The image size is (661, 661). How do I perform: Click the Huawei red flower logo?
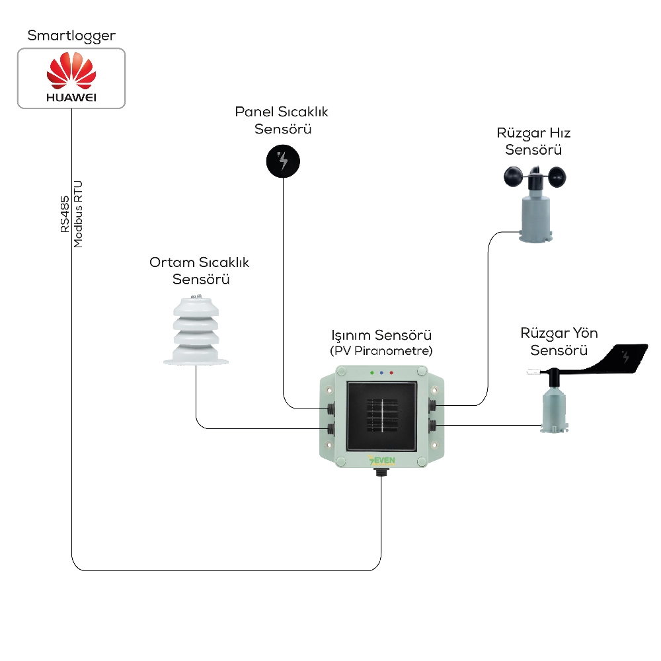pyautogui.click(x=71, y=71)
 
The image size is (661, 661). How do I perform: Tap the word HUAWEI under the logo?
pyautogui.click(x=71, y=97)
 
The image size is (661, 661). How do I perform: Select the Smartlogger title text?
pyautogui.click(x=71, y=36)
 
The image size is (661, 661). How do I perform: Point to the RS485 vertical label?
pyautogui.click(x=65, y=214)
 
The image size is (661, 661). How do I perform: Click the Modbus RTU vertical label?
pyautogui.click(x=78, y=214)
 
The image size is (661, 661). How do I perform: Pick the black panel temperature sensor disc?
pyautogui.click(x=283, y=161)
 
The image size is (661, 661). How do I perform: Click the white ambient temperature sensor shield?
pyautogui.click(x=196, y=330)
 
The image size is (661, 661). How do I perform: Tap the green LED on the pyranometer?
pyautogui.click(x=371, y=373)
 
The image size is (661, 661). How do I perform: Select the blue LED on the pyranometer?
pyautogui.click(x=381, y=373)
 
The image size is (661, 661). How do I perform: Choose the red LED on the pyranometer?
pyautogui.click(x=391, y=373)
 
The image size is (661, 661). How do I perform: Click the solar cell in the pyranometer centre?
pyautogui.click(x=382, y=416)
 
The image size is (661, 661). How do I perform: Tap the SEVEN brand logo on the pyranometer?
pyautogui.click(x=381, y=460)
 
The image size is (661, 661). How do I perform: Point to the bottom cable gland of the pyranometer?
pyautogui.click(x=381, y=472)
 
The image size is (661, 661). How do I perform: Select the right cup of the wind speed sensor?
pyautogui.click(x=557, y=177)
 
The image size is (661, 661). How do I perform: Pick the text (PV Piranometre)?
pyautogui.click(x=381, y=351)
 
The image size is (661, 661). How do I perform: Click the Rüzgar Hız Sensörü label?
pyautogui.click(x=533, y=141)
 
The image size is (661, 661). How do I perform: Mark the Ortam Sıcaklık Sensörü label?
pyautogui.click(x=200, y=270)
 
